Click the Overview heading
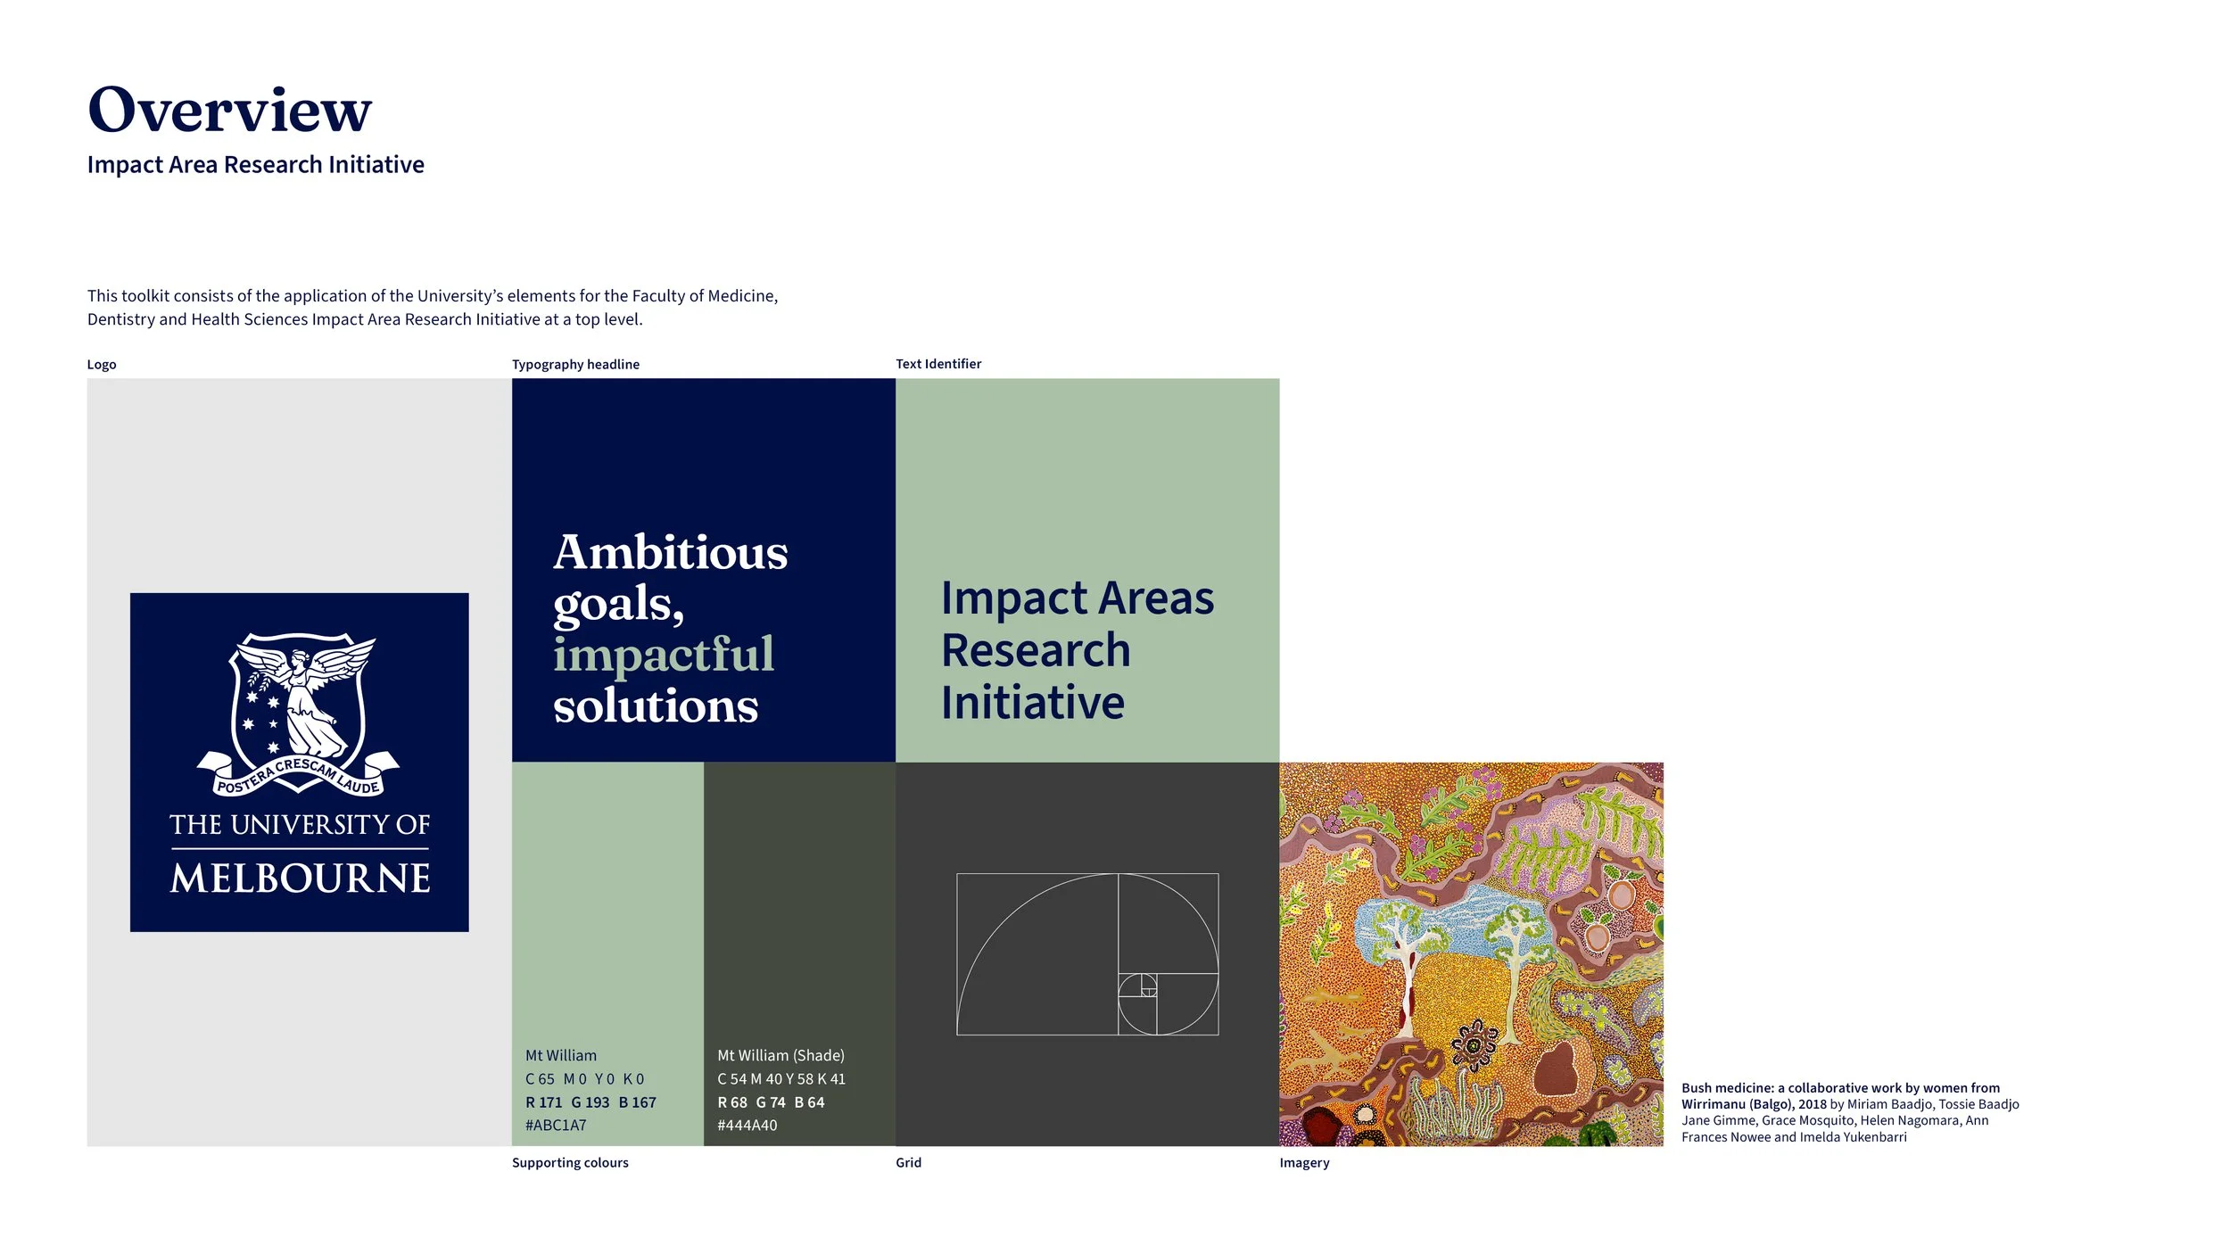tap(229, 111)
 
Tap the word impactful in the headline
tap(664, 655)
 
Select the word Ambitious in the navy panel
tap(671, 552)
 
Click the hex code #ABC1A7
tap(556, 1126)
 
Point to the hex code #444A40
tap(747, 1126)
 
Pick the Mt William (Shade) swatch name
tap(780, 1055)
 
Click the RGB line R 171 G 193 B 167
tap(591, 1102)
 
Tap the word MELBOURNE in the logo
tap(300, 879)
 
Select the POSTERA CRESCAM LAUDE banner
tap(299, 777)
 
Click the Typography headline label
tap(575, 364)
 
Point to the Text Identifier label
tap(938, 364)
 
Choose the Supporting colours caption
tap(570, 1163)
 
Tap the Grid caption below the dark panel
tap(908, 1163)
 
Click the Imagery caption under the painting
tap(1304, 1163)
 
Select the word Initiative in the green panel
tap(1033, 703)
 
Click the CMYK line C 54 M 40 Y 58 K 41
tap(781, 1079)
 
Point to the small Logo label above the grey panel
tap(102, 365)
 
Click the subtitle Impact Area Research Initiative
tap(255, 165)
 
